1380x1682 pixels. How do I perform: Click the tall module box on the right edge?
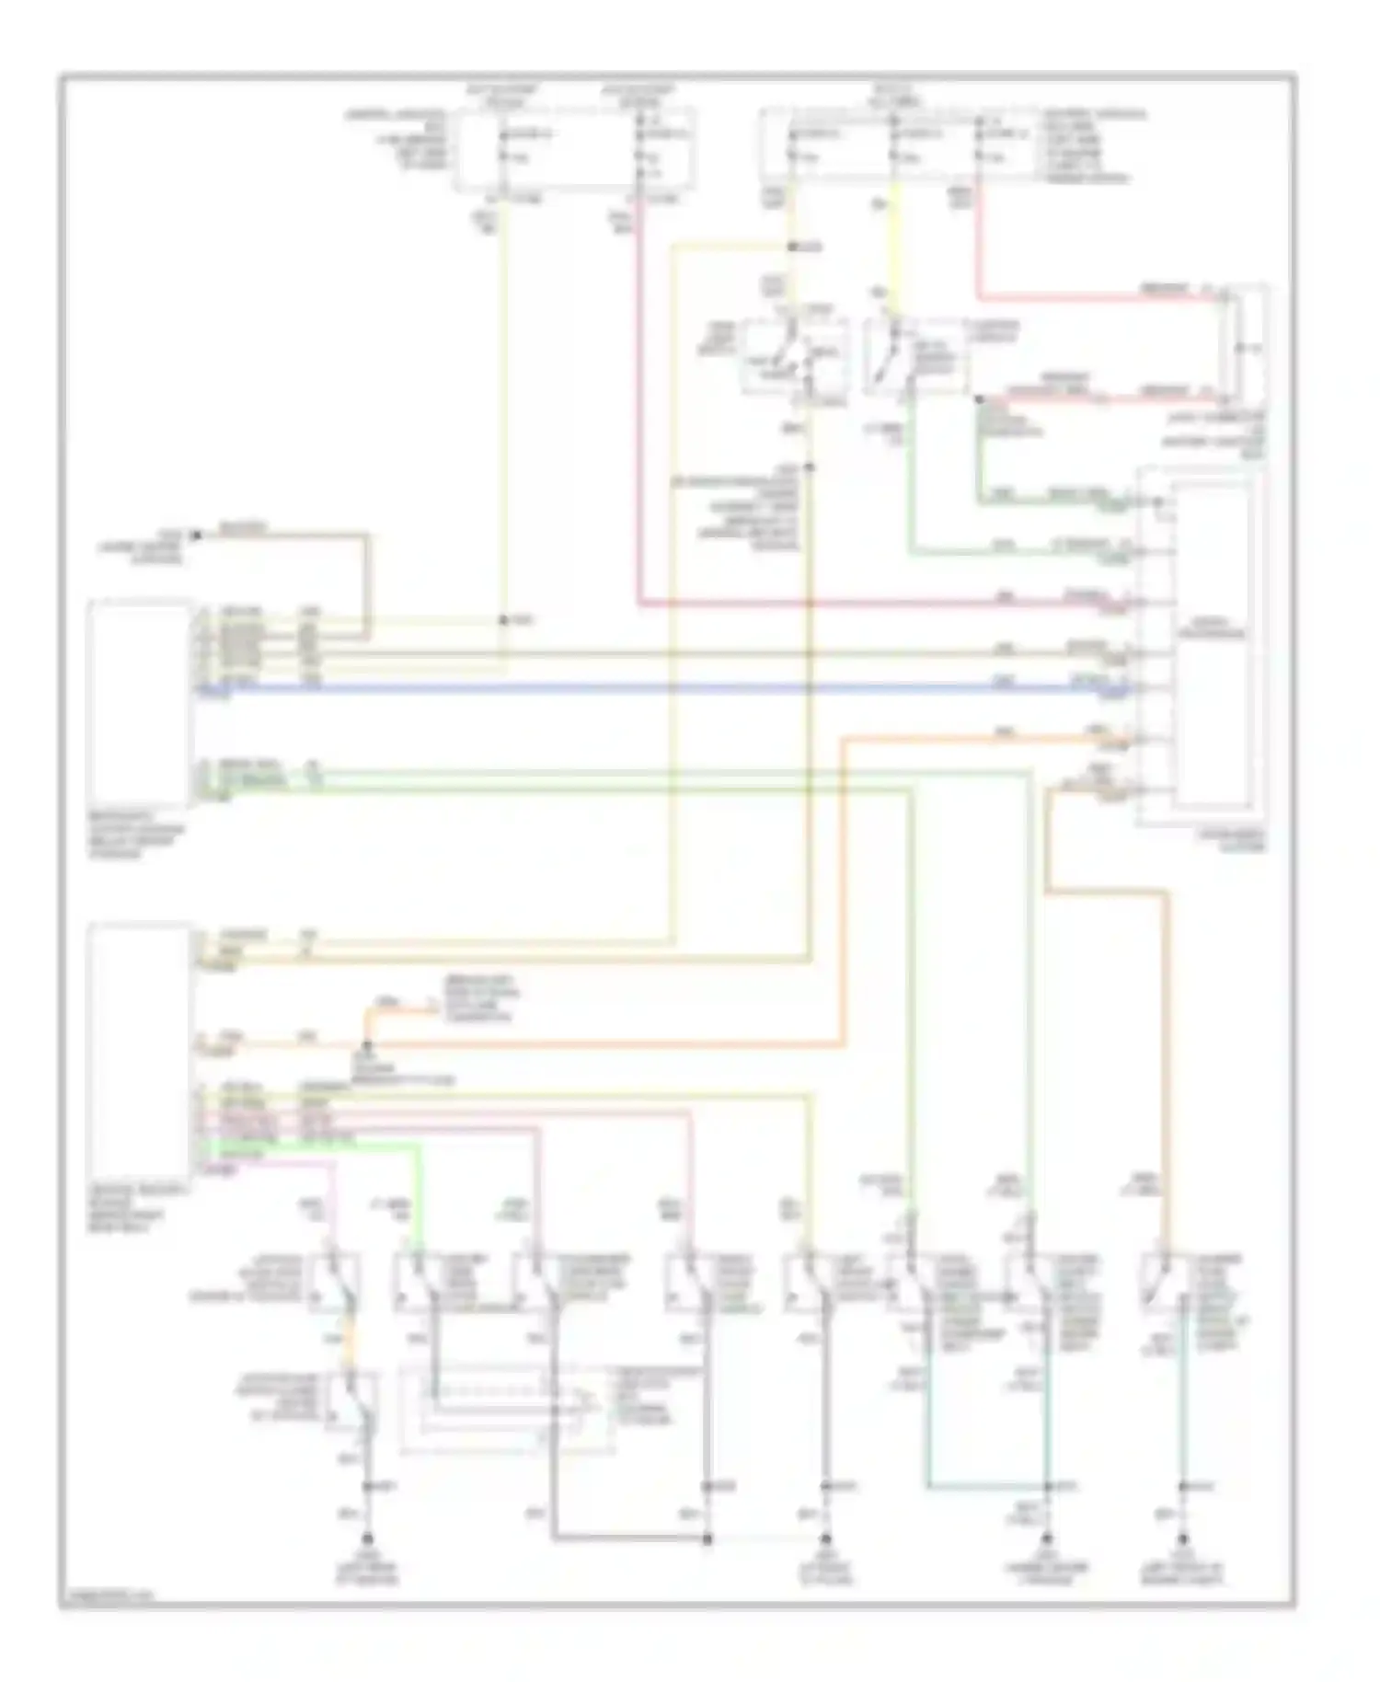pos(1213,644)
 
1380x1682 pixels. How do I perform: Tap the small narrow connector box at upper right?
pos(1241,344)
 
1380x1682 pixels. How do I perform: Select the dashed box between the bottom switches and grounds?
pos(506,1409)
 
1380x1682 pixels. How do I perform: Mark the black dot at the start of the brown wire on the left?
pos(195,535)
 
